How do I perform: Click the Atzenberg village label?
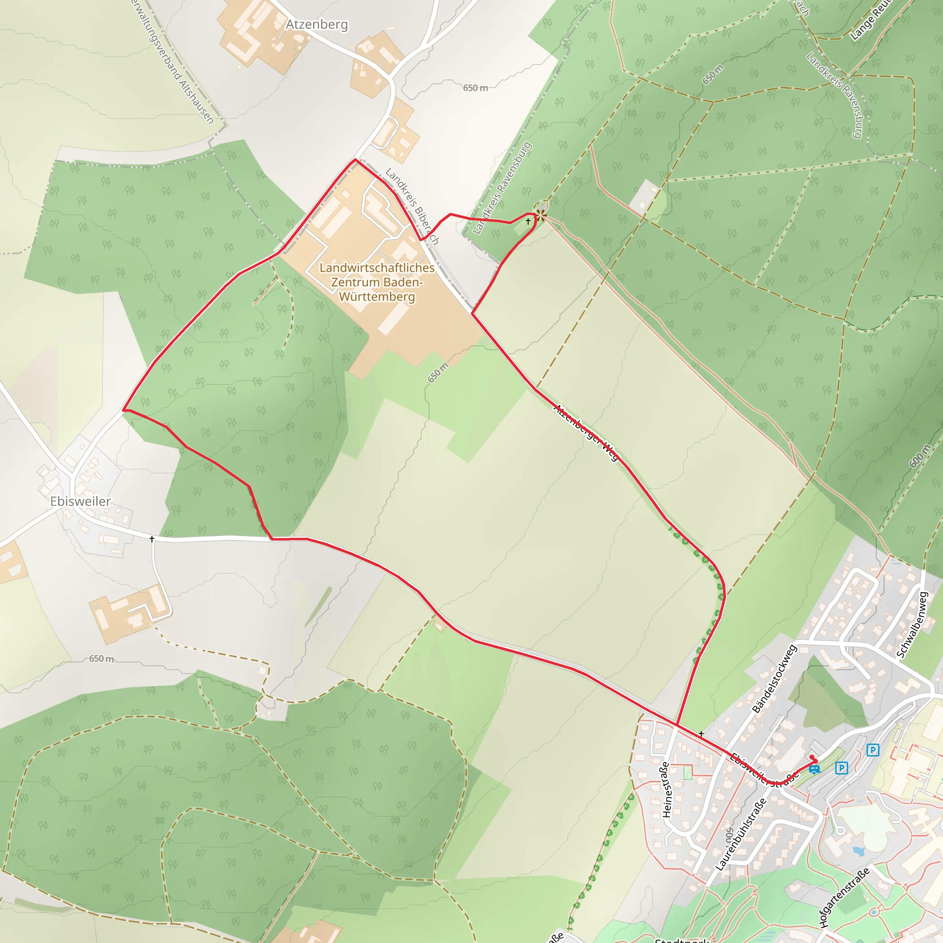(x=317, y=24)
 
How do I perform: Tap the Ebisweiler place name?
(x=81, y=501)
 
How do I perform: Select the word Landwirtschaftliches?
(x=377, y=268)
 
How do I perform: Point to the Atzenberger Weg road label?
(x=586, y=432)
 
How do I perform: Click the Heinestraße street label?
(x=666, y=789)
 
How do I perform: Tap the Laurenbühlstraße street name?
(x=740, y=834)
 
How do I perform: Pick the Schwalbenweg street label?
(x=912, y=625)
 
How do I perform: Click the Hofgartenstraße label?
(x=844, y=897)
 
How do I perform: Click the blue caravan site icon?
(x=814, y=770)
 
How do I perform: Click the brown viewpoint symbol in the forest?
(x=541, y=214)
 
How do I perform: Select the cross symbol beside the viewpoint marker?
(x=528, y=221)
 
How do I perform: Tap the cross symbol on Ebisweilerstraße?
(x=701, y=733)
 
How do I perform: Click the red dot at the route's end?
(x=812, y=757)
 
